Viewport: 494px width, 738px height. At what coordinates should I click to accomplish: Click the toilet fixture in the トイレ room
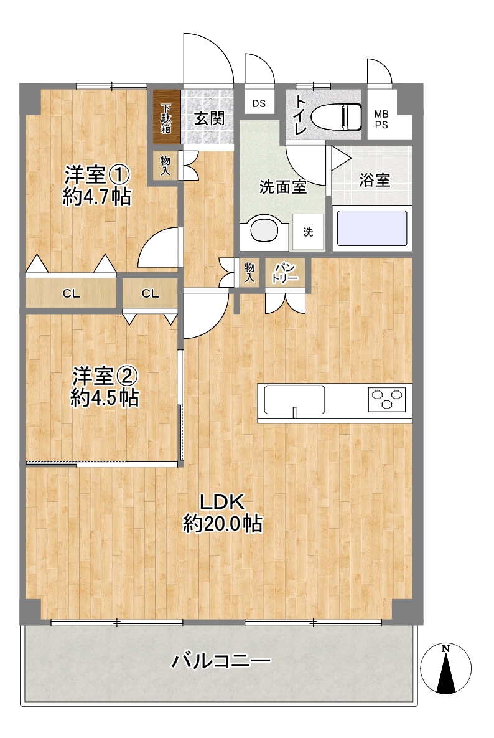[337, 116]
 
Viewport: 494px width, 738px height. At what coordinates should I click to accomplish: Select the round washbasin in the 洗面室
[264, 230]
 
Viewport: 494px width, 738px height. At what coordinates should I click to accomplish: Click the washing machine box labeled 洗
[308, 232]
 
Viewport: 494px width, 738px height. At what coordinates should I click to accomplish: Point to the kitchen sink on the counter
[294, 400]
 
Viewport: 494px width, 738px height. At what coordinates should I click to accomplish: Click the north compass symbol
[445, 668]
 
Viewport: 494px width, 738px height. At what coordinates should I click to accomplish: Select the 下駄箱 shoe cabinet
[167, 117]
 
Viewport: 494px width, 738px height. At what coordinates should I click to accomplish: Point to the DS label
[259, 103]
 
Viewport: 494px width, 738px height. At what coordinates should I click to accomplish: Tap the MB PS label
[381, 120]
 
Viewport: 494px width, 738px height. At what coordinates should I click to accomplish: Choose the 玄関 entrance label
[210, 118]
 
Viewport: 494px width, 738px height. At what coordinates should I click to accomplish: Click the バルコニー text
[220, 661]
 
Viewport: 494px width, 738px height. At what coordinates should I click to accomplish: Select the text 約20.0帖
[223, 523]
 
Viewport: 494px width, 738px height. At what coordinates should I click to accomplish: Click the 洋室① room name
[97, 175]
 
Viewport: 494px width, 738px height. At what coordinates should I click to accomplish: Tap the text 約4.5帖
[105, 398]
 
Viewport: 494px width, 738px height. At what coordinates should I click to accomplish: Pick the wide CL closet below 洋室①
[71, 294]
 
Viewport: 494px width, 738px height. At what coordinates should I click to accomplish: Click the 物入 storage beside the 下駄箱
[165, 165]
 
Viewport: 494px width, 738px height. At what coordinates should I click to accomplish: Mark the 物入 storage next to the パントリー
[249, 273]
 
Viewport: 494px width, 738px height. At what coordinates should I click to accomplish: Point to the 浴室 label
[375, 180]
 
